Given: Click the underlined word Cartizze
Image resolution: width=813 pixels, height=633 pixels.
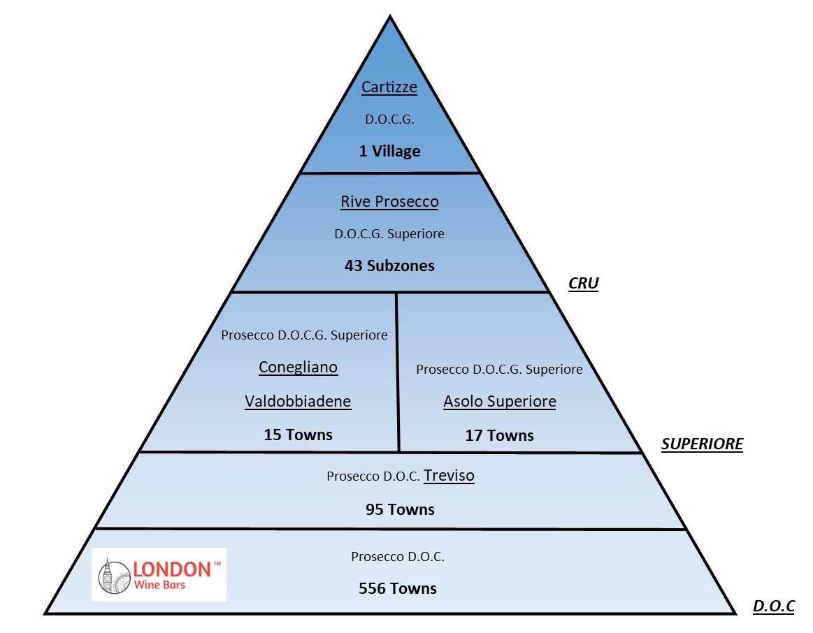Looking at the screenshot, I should point(389,88).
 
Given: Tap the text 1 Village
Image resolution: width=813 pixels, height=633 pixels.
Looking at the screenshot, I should point(389,151).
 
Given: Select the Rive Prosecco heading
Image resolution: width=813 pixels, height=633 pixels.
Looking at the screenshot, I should point(389,202).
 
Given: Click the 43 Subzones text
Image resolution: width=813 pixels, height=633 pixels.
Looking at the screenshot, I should point(389,265).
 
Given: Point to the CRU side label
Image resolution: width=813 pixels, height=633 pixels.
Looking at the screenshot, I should point(583,284).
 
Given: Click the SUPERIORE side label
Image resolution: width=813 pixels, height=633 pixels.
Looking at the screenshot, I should point(702,444).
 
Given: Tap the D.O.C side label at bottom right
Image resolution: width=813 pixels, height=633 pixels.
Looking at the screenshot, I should point(773,606).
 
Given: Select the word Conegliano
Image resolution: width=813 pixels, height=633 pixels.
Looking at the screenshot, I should point(298,368).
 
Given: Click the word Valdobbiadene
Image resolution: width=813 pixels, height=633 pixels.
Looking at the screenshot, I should point(298,402).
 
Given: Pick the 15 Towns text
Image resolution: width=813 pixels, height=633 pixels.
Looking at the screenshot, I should point(298,435).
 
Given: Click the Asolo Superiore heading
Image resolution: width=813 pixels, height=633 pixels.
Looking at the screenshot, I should point(499,402).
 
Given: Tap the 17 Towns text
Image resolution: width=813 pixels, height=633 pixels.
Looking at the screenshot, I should point(499,436).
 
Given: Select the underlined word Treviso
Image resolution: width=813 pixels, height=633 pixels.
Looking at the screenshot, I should point(449,476).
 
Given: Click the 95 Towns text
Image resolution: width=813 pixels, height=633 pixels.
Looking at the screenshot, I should point(400,509).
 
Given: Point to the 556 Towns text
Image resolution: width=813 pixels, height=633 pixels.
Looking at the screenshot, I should point(398,589).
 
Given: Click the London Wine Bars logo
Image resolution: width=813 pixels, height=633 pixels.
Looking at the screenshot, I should point(159,574).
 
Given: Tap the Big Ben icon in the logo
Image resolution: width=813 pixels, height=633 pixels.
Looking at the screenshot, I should point(108,575).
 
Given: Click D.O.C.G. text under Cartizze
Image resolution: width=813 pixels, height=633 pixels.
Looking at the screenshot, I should point(389,120).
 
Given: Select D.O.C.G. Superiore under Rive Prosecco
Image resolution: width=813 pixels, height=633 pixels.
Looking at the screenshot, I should point(389,234).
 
